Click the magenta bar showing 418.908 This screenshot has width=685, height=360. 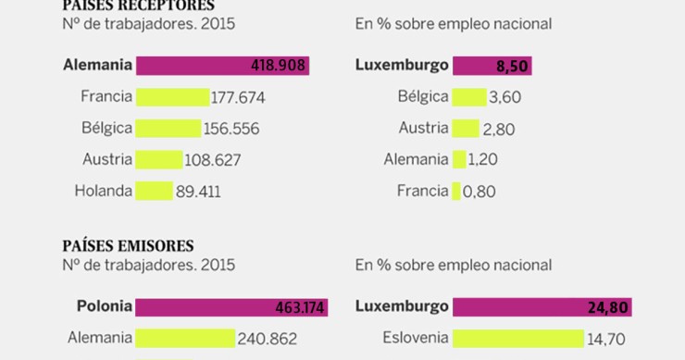(222, 66)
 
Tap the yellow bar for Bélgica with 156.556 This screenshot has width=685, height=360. (168, 129)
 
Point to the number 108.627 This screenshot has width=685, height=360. (213, 160)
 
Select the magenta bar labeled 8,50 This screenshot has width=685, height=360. (493, 66)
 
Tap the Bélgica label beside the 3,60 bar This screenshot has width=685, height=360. (423, 97)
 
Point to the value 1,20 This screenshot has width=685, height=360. (483, 160)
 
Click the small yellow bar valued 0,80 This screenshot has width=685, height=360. (456, 192)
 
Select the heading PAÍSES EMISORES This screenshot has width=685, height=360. (128, 245)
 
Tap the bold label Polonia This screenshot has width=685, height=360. (103, 306)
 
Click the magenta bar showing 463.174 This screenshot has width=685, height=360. (231, 306)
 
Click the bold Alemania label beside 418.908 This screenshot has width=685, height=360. (97, 66)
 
